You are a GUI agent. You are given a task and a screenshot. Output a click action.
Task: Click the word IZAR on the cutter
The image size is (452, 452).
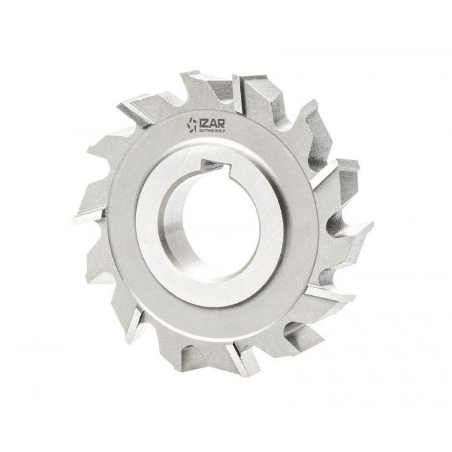212,123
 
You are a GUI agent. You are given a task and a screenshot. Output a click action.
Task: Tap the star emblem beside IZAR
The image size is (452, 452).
192,125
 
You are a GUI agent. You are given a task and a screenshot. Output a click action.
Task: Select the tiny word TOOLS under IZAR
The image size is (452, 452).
220,131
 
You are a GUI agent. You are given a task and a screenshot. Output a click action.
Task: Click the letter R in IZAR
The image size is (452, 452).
221,123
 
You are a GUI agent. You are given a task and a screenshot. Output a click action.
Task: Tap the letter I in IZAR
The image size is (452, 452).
200,124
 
